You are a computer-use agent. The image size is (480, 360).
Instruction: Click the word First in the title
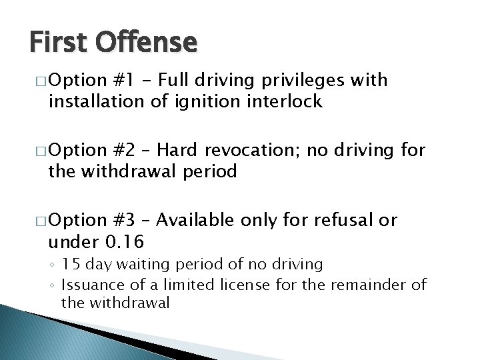pos(58,43)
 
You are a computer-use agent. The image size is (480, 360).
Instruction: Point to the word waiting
pos(146,265)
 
